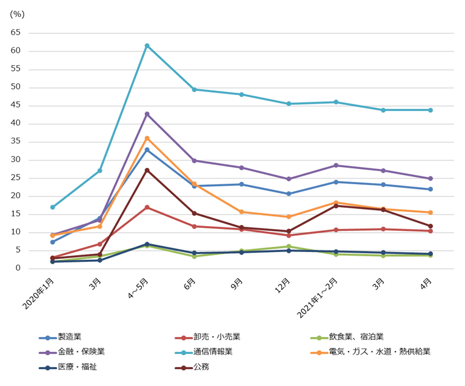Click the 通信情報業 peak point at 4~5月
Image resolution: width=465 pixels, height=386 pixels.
(x=147, y=45)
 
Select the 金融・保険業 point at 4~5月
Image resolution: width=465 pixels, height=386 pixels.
(x=147, y=114)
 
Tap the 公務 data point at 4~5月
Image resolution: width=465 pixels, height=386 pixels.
(x=147, y=170)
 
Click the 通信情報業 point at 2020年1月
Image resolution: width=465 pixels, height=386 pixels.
(x=53, y=207)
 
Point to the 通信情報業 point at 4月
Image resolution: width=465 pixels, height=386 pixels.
(x=430, y=110)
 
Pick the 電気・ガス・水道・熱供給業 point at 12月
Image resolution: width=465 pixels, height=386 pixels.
(x=289, y=217)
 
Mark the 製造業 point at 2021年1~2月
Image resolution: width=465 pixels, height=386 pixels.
(x=336, y=182)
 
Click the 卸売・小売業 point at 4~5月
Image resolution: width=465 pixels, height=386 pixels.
(x=147, y=207)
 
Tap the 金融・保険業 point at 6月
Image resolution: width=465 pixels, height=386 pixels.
(x=194, y=161)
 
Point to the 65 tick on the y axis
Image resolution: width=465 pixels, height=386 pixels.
(x=16, y=33)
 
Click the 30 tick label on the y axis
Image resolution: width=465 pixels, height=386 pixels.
(x=16, y=160)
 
